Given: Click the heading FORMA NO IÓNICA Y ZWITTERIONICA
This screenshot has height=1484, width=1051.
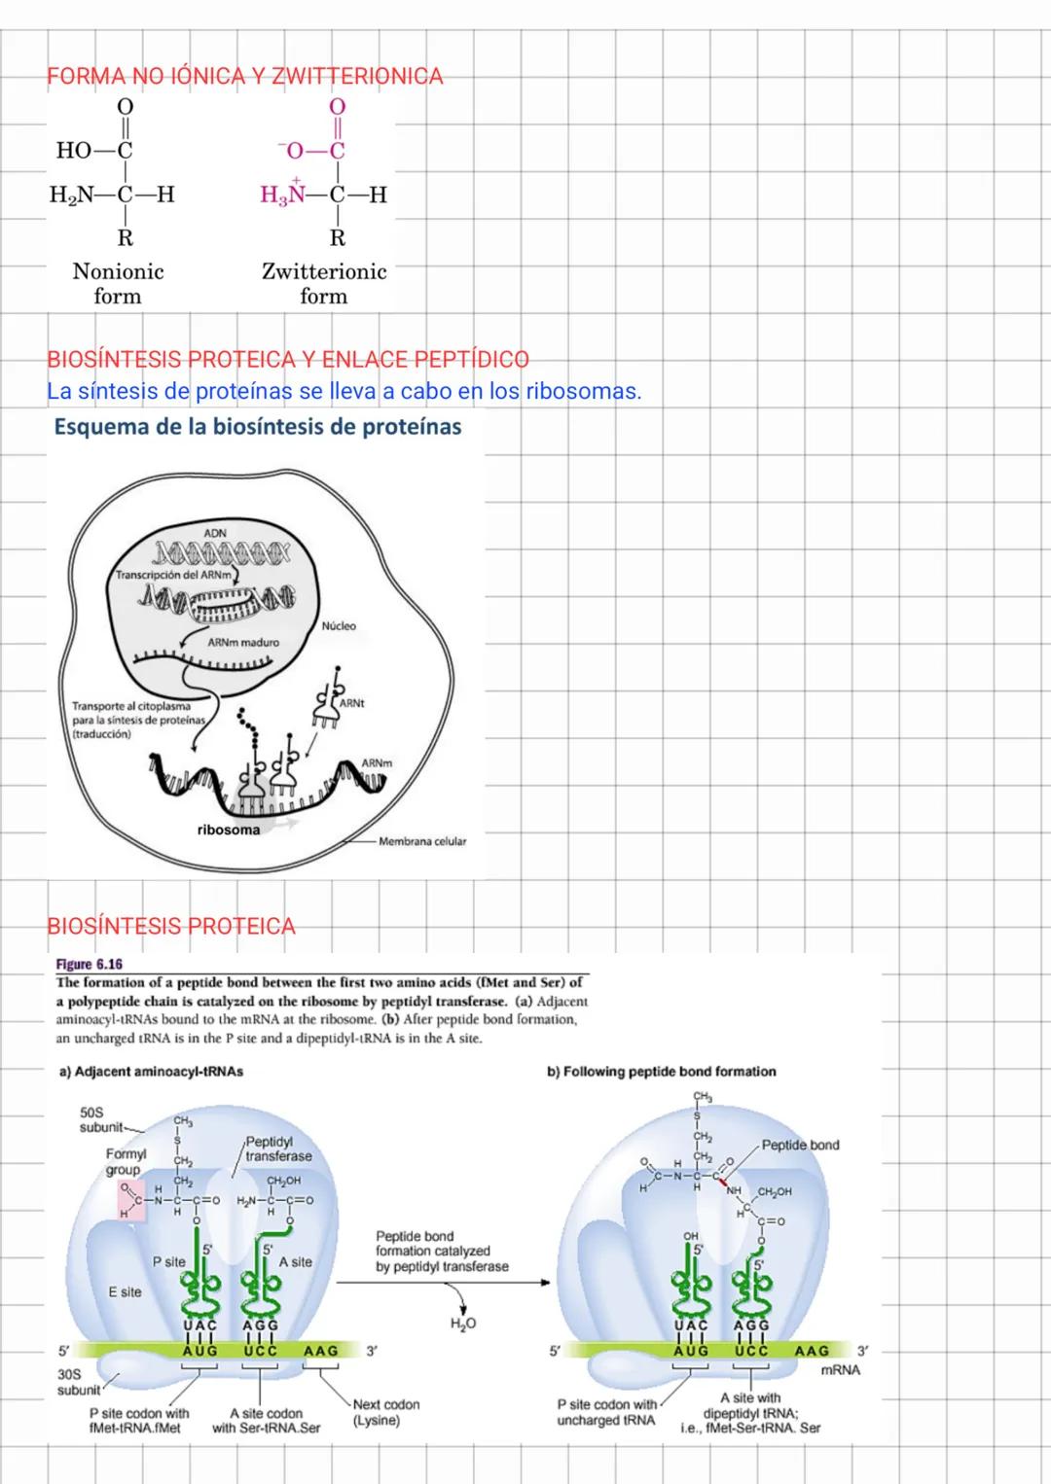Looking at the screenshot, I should coord(244,76).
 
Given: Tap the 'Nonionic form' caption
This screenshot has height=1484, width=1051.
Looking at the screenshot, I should coord(118,284).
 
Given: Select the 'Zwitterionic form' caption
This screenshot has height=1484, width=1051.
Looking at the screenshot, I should coord(324,284).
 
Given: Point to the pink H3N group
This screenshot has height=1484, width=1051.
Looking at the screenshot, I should coord(284,194).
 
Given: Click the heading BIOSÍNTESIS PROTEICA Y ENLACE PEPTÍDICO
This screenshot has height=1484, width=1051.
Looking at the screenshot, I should coord(287,359).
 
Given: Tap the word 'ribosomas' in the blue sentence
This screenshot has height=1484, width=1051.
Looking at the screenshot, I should coord(582,392).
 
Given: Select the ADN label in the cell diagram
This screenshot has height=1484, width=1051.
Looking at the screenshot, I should coord(215,533).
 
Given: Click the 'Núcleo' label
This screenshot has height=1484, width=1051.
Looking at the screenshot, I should coord(339,626).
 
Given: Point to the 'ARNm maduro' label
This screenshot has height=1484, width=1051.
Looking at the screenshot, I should coord(243,643).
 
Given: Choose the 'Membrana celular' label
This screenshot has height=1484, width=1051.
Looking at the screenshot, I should coord(422,841).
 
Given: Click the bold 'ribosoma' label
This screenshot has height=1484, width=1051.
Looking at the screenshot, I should coord(229,830).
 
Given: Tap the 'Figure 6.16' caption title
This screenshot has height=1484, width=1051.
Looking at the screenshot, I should coord(90,965).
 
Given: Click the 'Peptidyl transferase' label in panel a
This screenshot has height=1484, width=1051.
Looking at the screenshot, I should coord(278,1148).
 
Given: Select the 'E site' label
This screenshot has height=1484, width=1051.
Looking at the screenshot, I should coord(125,1291).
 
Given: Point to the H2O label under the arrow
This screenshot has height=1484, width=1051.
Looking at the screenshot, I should coord(463,1324).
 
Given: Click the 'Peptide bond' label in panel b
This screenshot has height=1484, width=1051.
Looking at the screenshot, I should coord(800,1145).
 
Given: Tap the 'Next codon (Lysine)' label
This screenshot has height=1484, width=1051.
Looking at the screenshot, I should coord(386,1412).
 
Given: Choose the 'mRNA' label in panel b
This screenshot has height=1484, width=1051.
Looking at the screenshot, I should coord(841,1369).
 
